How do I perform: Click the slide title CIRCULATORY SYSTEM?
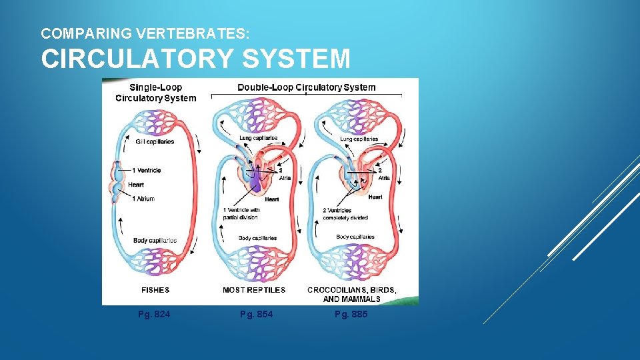195,59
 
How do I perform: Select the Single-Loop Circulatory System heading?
155,93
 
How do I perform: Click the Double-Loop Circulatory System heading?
307,87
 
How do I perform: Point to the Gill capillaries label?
153,141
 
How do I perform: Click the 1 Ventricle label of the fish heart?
146,171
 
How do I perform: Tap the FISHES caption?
155,290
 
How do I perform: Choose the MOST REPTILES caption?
254,290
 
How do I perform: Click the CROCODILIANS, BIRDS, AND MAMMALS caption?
352,294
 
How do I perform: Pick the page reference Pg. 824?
154,314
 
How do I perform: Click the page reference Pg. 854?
257,314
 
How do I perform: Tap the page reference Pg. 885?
351,314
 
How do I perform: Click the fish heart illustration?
117,181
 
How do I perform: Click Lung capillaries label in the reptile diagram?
258,138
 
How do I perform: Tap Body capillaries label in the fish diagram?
155,241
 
